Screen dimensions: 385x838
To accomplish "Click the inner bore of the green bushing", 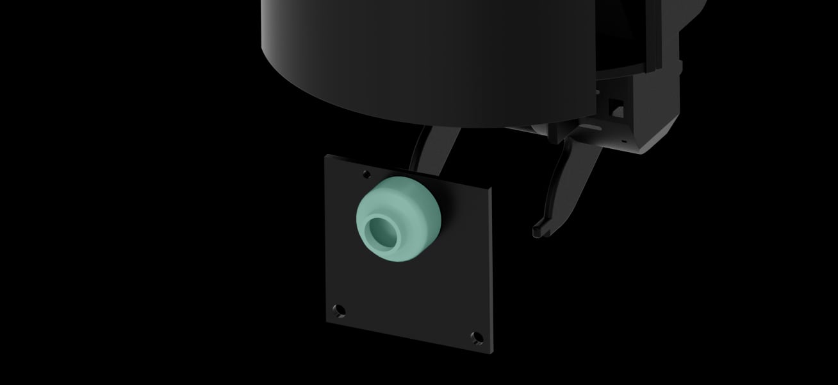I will click(382, 232).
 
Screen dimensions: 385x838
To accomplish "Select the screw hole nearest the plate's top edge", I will click(366, 173).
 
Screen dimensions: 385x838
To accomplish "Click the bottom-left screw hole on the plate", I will click(340, 311).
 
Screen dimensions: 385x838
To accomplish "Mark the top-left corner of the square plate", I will click(325, 156).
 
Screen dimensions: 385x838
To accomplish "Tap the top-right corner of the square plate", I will click(493, 188).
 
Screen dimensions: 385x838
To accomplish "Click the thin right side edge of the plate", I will click(493, 269).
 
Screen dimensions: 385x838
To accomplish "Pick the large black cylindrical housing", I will click(423, 58).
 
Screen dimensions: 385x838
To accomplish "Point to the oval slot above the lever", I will click(587, 131).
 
